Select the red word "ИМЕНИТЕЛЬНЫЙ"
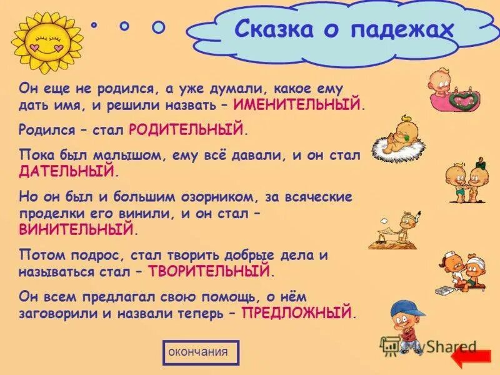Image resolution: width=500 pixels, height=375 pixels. tap(297, 104)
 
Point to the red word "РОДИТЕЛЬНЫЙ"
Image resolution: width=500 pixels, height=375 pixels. tap(186, 130)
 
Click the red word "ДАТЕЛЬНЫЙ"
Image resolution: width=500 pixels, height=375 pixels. tap(68, 170)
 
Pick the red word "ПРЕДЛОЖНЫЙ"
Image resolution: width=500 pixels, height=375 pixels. tap(297, 312)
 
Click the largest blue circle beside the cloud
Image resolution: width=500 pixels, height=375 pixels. tap(159, 27)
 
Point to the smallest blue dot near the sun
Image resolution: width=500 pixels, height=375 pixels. tap(95, 25)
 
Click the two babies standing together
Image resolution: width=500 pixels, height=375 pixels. tap(468, 181)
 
